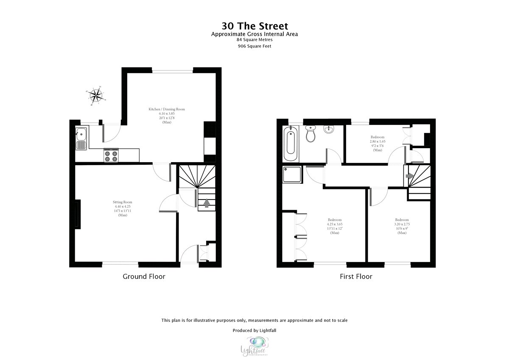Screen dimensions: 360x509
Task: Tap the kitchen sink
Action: point(81,139)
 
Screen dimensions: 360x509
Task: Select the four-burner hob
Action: point(112,155)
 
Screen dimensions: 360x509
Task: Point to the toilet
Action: point(310,135)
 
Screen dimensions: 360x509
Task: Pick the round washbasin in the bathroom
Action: point(329,129)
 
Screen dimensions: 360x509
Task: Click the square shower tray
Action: point(293,174)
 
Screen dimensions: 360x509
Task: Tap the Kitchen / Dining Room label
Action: point(167,110)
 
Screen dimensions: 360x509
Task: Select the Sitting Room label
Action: point(123,202)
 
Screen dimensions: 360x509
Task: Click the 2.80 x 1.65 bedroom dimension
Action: point(378,141)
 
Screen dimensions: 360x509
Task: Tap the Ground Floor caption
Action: point(144,277)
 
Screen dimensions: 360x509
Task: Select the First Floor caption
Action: point(356,277)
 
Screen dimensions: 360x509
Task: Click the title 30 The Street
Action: point(254,25)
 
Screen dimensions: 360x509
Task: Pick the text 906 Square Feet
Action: point(254,46)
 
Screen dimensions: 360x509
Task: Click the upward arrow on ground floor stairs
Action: point(207,203)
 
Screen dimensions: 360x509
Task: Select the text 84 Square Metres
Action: point(254,39)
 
